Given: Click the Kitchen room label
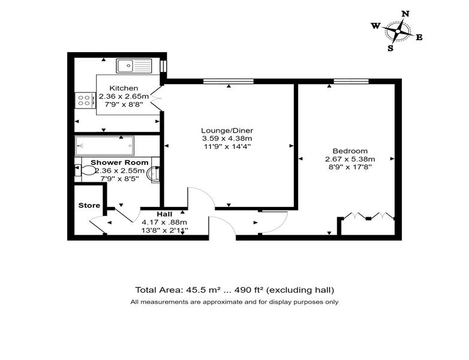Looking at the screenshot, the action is (124, 88).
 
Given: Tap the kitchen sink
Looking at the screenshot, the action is (134, 66).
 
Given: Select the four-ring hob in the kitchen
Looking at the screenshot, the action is (85, 100).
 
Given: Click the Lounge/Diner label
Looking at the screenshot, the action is (227, 130).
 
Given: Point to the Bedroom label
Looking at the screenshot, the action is (350, 151).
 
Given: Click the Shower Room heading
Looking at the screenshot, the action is (119, 163).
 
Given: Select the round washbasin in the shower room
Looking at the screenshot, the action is (154, 174).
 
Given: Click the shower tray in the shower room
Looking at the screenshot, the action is (104, 146).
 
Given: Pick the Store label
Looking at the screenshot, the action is (89, 206).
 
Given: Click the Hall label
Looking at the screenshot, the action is (164, 214).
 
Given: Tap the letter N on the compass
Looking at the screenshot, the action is (405, 14).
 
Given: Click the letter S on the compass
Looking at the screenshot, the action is (390, 48).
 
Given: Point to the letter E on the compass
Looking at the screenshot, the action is (419, 37).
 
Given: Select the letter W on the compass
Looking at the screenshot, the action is (375, 26).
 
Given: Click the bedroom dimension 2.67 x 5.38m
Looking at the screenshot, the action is (350, 159).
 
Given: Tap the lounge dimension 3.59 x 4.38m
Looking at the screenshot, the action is (227, 139).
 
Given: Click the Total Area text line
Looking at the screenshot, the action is (235, 290).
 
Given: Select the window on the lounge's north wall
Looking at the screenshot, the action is (229, 81).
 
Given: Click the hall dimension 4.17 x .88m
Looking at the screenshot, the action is (164, 223).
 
